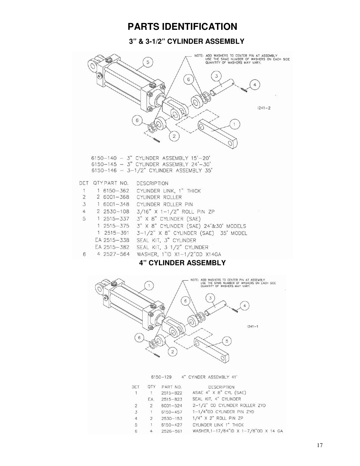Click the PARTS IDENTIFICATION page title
pyautogui.click(x=182, y=27)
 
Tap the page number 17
pyautogui.click(x=320, y=445)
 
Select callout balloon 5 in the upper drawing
pyautogui.click(x=148, y=62)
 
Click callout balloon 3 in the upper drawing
pyautogui.click(x=216, y=76)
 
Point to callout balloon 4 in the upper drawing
pyautogui.click(x=255, y=85)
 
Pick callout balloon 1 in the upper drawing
pyautogui.click(x=234, y=124)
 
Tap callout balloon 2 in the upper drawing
pyautogui.click(x=174, y=136)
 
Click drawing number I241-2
pyautogui.click(x=264, y=108)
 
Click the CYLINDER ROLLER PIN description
pyautogui.click(x=165, y=205)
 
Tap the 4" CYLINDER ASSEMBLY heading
pyautogui.click(x=182, y=263)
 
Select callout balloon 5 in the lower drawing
pyautogui.click(x=227, y=341)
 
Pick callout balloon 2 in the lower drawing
pyautogui.click(x=172, y=352)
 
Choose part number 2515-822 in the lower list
pyautogui.click(x=171, y=393)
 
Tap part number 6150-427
pyautogui.click(x=171, y=425)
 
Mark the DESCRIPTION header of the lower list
pyautogui.click(x=221, y=387)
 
